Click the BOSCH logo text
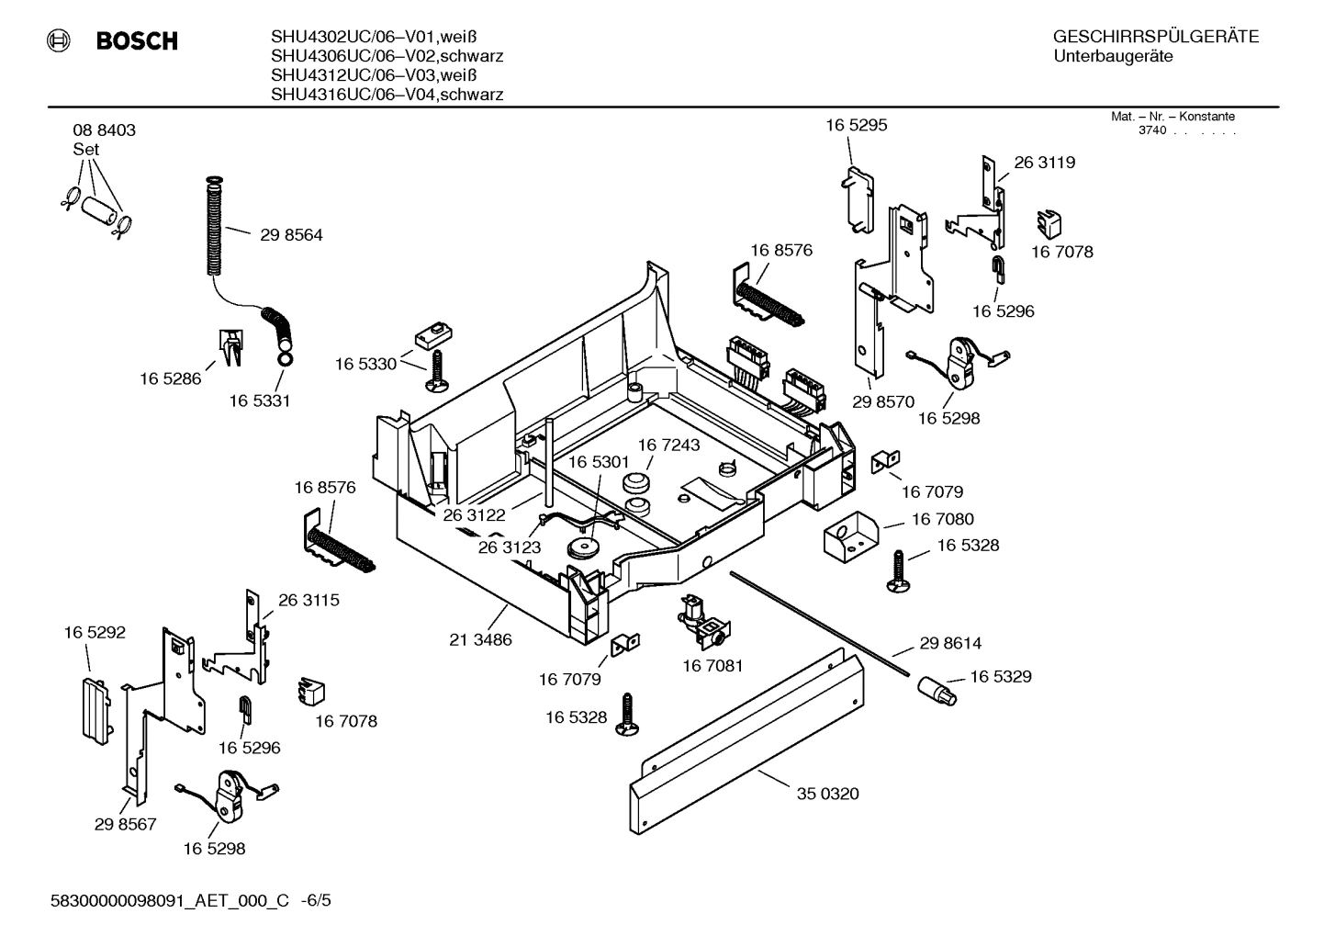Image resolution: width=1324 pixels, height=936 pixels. click(x=137, y=41)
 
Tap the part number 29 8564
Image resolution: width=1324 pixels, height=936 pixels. click(x=291, y=235)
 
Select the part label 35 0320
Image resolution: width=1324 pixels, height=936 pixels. click(x=827, y=794)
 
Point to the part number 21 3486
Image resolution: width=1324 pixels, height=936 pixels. click(x=480, y=639)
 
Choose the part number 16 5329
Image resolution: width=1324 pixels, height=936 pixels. click(x=1000, y=677)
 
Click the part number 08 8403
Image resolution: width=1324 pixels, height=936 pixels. click(x=104, y=130)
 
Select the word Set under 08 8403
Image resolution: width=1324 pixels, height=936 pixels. click(x=86, y=149)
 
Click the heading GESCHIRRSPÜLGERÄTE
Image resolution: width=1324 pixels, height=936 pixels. click(x=1155, y=38)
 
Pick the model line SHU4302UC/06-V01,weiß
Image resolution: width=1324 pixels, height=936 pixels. click(x=373, y=38)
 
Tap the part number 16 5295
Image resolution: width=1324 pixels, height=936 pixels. click(x=856, y=125)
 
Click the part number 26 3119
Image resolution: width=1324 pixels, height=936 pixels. click(x=1045, y=163)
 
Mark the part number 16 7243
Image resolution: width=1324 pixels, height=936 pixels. click(x=668, y=445)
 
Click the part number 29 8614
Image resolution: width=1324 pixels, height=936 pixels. click(x=950, y=644)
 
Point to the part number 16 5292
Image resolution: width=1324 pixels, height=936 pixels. click(x=95, y=633)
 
